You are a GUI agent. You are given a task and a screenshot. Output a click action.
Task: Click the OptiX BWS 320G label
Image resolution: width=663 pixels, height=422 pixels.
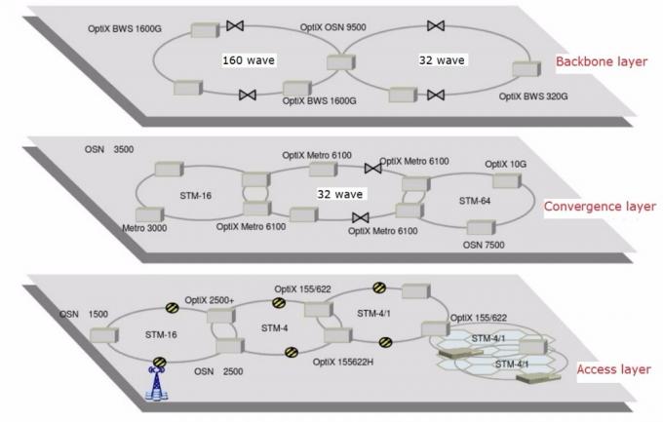point(534,96)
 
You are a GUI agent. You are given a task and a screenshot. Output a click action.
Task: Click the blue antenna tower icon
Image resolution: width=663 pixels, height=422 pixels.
point(157,384)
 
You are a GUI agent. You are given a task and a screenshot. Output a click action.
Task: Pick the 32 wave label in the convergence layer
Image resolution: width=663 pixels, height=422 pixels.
point(338,194)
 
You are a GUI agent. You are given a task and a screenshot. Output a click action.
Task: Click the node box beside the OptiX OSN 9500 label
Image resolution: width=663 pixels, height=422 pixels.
point(338,63)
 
